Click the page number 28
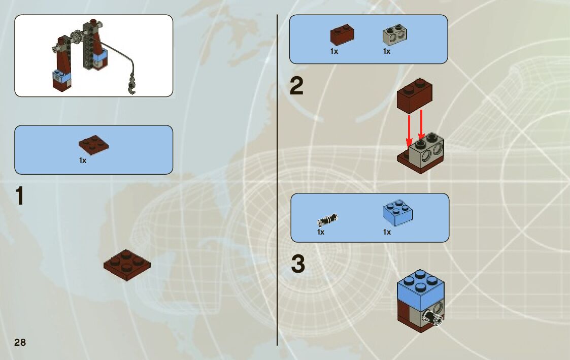pyautogui.click(x=20, y=342)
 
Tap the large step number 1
pyautogui.click(x=19, y=197)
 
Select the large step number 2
pyautogui.click(x=296, y=86)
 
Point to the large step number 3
pyautogui.click(x=298, y=264)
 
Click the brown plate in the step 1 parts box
pyautogui.click(x=93, y=144)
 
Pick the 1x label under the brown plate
pyautogui.click(x=83, y=160)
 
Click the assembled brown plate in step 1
pyautogui.click(x=127, y=264)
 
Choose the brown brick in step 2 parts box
pyautogui.click(x=342, y=35)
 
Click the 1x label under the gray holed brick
pyautogui.click(x=387, y=51)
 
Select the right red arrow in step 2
pyautogui.click(x=421, y=124)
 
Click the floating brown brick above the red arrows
pyautogui.click(x=414, y=94)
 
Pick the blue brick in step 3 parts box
pyautogui.click(x=398, y=212)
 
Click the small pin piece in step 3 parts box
pyautogui.click(x=327, y=220)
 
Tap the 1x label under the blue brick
pyautogui.click(x=387, y=232)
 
